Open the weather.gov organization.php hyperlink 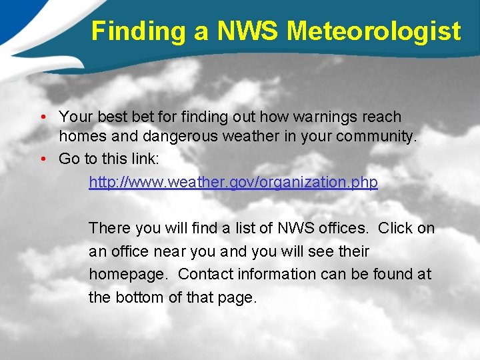point(233,182)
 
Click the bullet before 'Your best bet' point(42,118)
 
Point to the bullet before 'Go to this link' point(42,159)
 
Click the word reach point(382,117)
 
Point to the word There point(109,228)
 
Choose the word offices point(343,228)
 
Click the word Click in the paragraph point(395,228)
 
